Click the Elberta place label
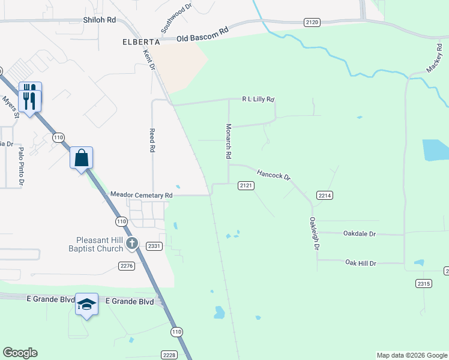click(141, 42)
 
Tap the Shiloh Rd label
click(100, 20)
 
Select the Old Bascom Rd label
click(203, 34)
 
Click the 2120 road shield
click(312, 22)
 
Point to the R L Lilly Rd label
click(258, 99)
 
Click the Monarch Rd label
click(228, 142)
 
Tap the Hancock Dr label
click(274, 175)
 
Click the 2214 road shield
click(325, 196)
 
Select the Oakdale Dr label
click(360, 233)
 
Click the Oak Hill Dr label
click(360, 263)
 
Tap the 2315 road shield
click(424, 283)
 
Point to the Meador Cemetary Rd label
click(142, 195)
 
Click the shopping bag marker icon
click(82, 159)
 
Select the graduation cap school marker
click(86, 305)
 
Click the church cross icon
click(132, 244)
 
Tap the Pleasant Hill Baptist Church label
click(95, 244)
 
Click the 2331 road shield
click(154, 246)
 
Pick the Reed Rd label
click(152, 140)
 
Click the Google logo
click(20, 353)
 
